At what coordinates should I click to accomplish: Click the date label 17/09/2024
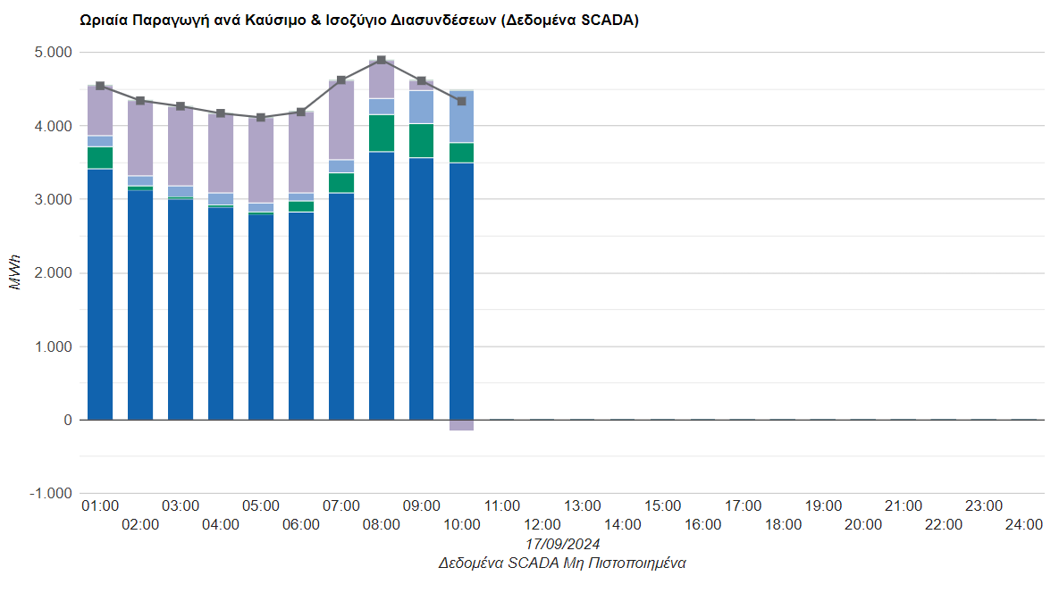[562, 544]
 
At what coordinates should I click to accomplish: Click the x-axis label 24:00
[1023, 525]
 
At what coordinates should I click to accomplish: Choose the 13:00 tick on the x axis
[583, 506]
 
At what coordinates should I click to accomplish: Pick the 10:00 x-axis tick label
[462, 525]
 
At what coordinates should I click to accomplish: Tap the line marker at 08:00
[382, 61]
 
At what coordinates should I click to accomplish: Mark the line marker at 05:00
[261, 118]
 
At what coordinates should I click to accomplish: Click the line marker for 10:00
[462, 101]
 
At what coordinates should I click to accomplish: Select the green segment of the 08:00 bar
[382, 133]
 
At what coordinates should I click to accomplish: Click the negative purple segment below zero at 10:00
[462, 425]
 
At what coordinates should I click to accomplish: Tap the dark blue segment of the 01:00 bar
[100, 295]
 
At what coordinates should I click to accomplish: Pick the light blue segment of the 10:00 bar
[462, 117]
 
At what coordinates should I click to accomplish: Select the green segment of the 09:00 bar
[422, 140]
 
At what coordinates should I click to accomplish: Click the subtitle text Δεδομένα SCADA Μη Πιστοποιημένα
[562, 563]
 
